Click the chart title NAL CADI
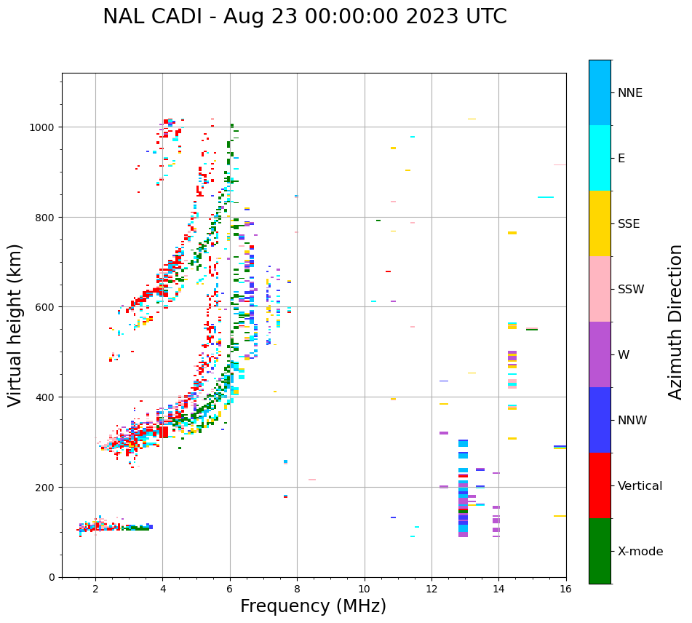pyautogui.click(x=304, y=17)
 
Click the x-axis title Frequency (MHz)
pyautogui.click(x=313, y=606)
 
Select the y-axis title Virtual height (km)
pyautogui.click(x=15, y=325)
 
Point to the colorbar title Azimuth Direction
pyautogui.click(x=676, y=322)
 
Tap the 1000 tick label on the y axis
pyautogui.click(x=43, y=127)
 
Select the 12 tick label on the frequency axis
pyautogui.click(x=431, y=590)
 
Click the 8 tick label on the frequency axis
pyautogui.click(x=297, y=590)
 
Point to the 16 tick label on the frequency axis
pyautogui.click(x=565, y=590)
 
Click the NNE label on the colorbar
pyautogui.click(x=630, y=93)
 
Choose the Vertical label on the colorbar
pyautogui.click(x=640, y=486)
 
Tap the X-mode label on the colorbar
pyautogui.click(x=640, y=552)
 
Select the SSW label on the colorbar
pyautogui.click(x=631, y=290)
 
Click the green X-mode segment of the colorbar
pyautogui.click(x=600, y=551)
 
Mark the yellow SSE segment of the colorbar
pyautogui.click(x=600, y=223)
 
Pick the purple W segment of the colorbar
pyautogui.click(x=600, y=354)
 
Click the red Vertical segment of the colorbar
pyautogui.click(x=600, y=485)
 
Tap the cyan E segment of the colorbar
pyautogui.click(x=600, y=158)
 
